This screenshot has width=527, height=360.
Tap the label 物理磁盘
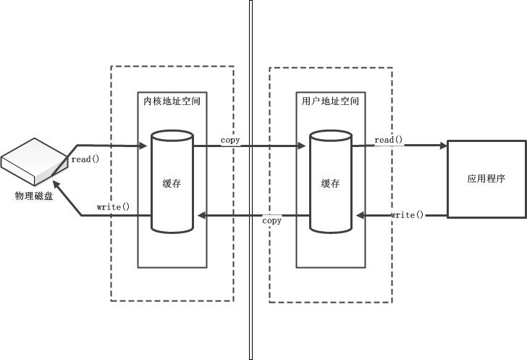pos(34,196)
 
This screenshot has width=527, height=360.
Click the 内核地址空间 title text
pos(172,101)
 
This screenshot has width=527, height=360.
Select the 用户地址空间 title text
pos(330,101)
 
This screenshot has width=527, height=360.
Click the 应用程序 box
pos(486,179)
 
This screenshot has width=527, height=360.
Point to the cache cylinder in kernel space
pos(172,181)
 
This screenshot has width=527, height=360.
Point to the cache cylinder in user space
pos(331,181)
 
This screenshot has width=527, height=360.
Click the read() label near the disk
pos(85,159)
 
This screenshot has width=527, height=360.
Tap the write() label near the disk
pos(113,207)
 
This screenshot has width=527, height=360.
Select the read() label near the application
pos(389,140)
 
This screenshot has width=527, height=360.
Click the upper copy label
pos(230,140)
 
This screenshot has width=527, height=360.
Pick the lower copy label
pos(272,220)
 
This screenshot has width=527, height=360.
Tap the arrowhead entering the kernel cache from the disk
pos(145,146)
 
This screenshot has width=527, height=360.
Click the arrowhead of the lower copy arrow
pos(203,215)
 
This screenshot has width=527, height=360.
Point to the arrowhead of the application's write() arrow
pos(359,215)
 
